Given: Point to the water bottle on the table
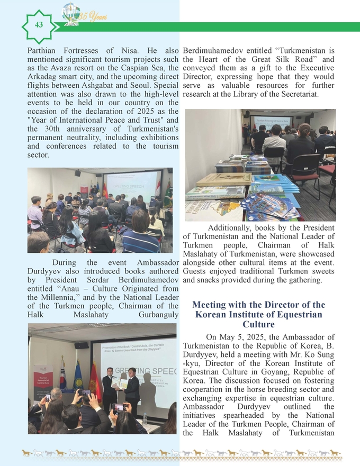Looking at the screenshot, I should point(144,419).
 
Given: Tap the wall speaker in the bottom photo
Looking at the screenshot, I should point(82,345).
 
